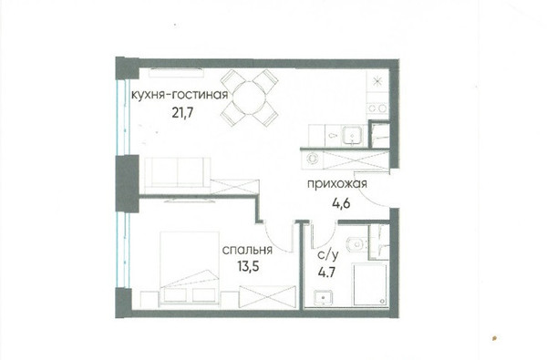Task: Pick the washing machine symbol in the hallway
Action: [312, 159]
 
